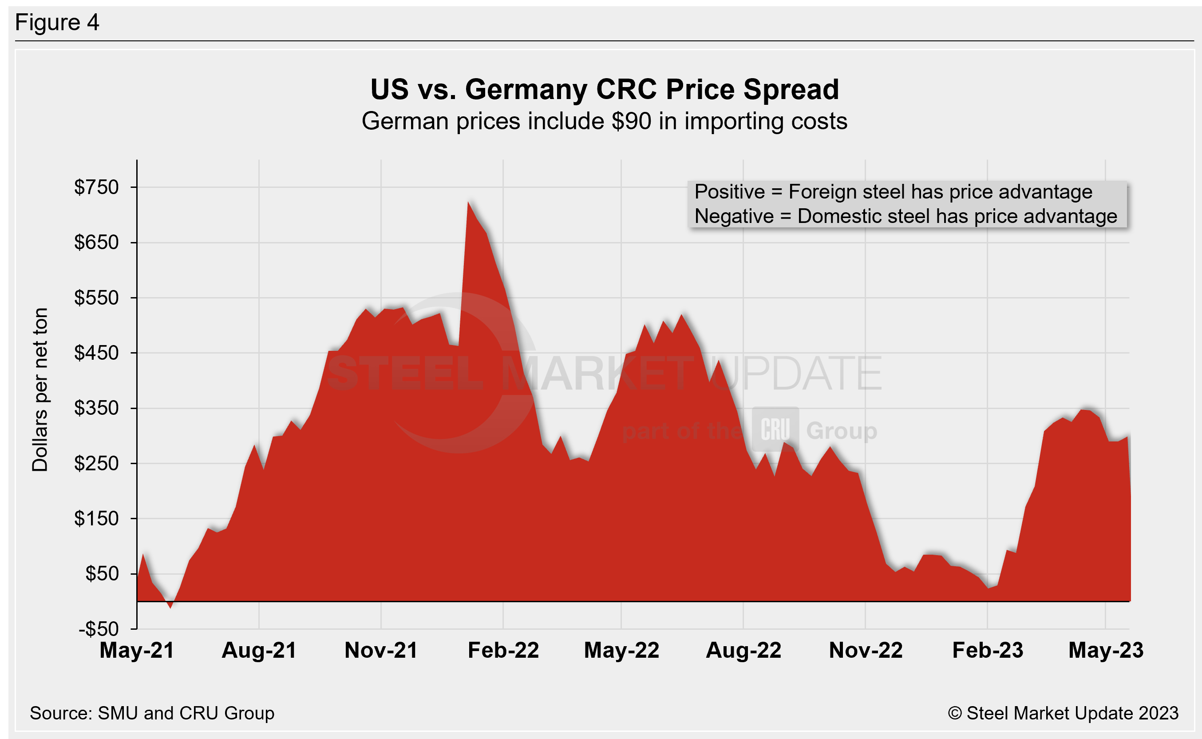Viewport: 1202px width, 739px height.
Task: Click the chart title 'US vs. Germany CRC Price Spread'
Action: (x=604, y=89)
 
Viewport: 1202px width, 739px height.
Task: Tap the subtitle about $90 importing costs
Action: (x=604, y=121)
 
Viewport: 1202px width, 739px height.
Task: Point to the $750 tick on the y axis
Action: (x=96, y=187)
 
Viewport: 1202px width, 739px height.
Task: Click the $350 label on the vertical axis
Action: (x=96, y=408)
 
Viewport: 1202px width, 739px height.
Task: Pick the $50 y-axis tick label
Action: (x=102, y=574)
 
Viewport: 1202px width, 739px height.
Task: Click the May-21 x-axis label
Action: (x=137, y=651)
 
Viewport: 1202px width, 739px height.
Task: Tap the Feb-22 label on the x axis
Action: (x=503, y=651)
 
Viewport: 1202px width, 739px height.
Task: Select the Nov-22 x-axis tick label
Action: (x=866, y=651)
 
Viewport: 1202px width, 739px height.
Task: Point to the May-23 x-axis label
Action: (x=1106, y=651)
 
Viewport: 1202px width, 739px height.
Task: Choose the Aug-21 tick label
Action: (x=259, y=651)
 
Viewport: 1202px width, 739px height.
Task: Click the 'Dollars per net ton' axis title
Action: (x=40, y=389)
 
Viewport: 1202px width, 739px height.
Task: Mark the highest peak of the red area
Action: (x=468, y=203)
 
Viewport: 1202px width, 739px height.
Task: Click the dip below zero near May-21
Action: (x=170, y=606)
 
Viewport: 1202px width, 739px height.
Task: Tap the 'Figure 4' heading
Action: (x=57, y=23)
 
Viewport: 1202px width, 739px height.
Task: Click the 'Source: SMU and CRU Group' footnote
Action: (x=152, y=713)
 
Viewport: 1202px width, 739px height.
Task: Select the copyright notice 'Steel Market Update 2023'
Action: (x=1063, y=713)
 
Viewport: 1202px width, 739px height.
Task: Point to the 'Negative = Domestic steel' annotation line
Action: (x=905, y=216)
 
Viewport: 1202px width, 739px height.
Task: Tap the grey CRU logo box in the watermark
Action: (x=775, y=429)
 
